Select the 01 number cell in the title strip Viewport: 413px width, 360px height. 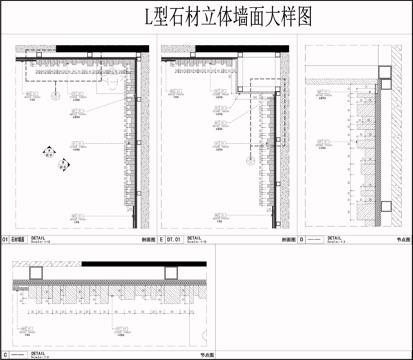pos(7,240)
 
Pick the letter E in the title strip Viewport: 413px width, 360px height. pos(161,240)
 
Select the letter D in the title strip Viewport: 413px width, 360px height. pos(302,240)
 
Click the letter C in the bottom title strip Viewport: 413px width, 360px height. pos(7,353)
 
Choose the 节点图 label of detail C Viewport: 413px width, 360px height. pos(207,354)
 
